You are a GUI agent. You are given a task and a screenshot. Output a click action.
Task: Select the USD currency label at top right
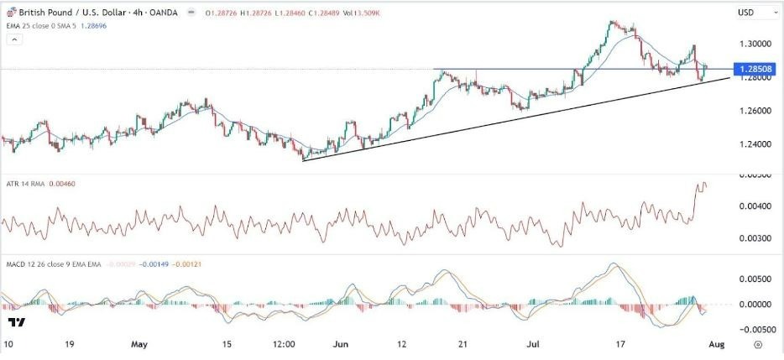(745, 13)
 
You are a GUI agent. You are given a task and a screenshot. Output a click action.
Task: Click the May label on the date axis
(139, 344)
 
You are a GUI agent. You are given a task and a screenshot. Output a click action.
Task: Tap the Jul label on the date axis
(534, 344)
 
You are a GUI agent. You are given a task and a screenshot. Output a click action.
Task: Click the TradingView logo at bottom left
(15, 323)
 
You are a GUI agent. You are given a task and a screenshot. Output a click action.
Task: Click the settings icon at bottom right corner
(758, 344)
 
